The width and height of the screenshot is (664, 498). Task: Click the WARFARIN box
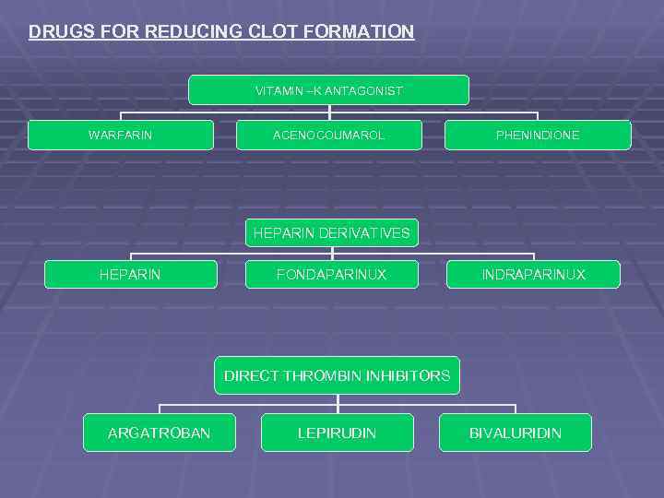pos(120,136)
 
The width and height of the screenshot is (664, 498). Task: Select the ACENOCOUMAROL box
pos(329,136)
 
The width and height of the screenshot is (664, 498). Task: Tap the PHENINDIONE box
pos(538,136)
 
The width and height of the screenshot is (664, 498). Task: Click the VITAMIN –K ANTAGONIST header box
pos(328,90)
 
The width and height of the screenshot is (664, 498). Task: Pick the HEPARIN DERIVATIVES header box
pos(332,233)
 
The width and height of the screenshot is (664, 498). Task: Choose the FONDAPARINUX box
pos(332,275)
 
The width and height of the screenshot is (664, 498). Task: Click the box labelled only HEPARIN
pos(130,275)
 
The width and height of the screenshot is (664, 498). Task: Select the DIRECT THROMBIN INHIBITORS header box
pos(337,375)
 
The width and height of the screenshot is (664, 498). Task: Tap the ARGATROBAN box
pos(159,433)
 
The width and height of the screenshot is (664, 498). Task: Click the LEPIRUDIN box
pos(337,433)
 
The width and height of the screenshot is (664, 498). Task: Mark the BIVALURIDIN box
pos(515,433)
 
